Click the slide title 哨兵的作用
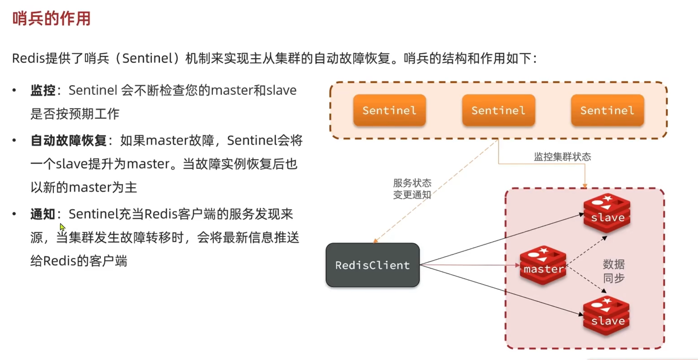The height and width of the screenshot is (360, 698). (x=51, y=19)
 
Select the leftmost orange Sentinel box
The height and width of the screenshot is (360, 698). (x=389, y=110)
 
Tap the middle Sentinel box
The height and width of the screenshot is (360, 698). (x=498, y=110)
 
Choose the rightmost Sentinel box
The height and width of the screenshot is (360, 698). (x=607, y=110)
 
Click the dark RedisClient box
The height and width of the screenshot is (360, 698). (x=372, y=265)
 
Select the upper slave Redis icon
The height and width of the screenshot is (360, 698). (x=607, y=213)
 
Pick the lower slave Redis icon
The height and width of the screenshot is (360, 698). (x=606, y=316)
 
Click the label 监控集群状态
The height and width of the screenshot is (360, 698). (x=562, y=157)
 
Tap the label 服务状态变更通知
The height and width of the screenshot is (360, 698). (x=412, y=189)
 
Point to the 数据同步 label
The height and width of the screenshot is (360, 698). (x=614, y=271)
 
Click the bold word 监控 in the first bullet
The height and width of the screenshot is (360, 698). (x=43, y=90)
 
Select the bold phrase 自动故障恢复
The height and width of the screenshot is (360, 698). (x=69, y=141)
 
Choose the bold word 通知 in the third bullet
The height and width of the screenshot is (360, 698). (x=43, y=214)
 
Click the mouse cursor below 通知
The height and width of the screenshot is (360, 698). (x=62, y=227)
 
